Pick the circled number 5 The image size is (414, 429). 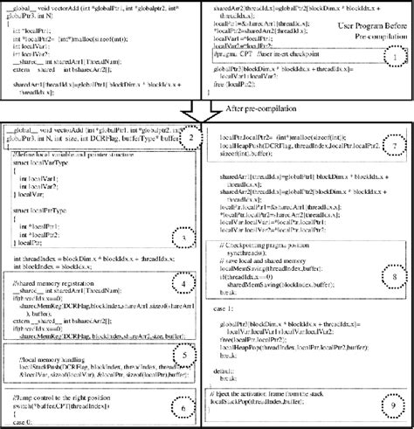(181, 355)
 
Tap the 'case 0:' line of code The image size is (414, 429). (26, 423)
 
